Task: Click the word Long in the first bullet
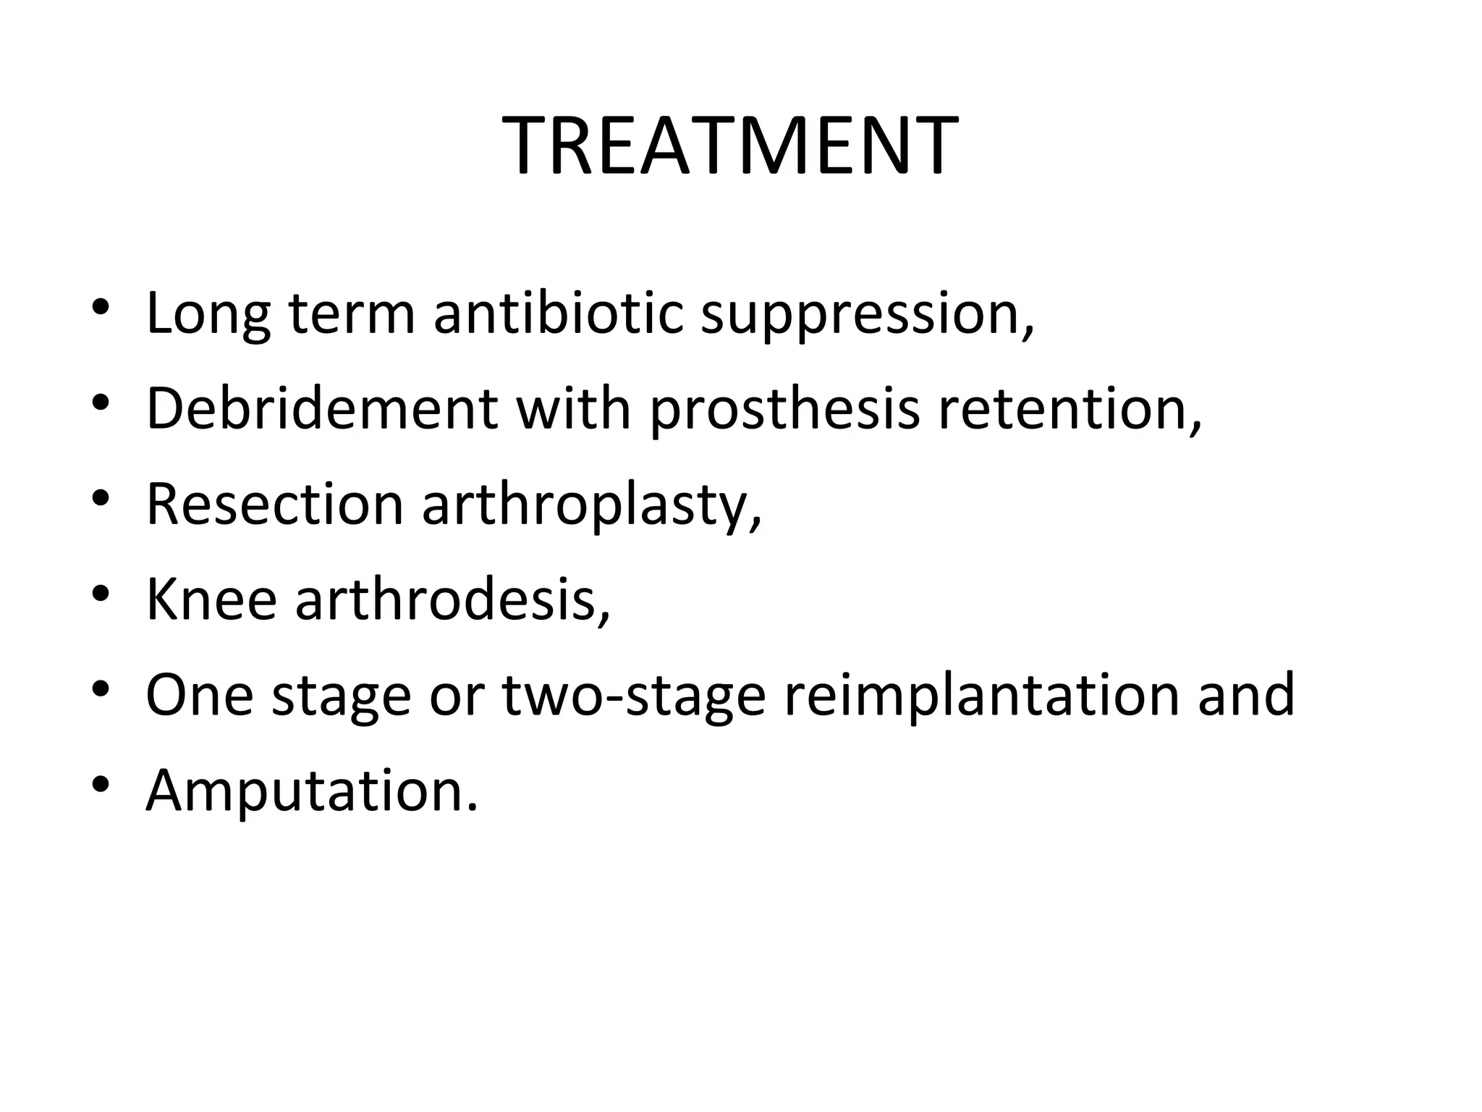click(x=208, y=313)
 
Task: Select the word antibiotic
click(x=558, y=313)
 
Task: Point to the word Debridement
click(x=321, y=408)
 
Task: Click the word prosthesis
click(x=784, y=410)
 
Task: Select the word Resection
click(x=274, y=504)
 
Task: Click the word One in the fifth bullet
click(x=200, y=694)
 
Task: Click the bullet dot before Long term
click(x=101, y=308)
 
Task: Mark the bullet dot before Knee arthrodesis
click(x=101, y=594)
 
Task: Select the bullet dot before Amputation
click(x=101, y=785)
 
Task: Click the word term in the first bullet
click(x=352, y=313)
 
